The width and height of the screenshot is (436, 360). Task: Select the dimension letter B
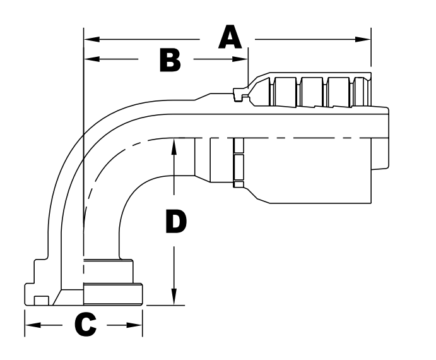pos(169,60)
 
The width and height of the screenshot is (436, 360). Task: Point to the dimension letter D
pos(175,222)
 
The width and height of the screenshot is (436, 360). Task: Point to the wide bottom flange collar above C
pos(114,294)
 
